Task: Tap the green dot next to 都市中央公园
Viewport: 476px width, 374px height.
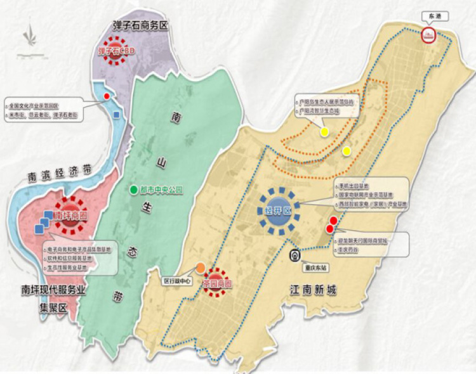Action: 133,190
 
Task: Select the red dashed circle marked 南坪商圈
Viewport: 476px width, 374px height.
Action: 70,213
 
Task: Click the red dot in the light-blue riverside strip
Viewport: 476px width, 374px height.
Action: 107,96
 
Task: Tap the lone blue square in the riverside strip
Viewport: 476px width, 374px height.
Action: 116,114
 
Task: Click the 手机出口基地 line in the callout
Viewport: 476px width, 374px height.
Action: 354,187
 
